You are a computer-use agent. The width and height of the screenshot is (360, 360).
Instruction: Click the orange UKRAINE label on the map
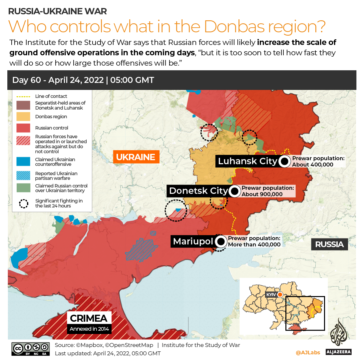point(136,157)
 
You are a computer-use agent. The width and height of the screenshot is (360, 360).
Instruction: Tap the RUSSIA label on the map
point(329,244)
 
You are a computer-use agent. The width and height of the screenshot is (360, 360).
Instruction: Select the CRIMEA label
point(89,318)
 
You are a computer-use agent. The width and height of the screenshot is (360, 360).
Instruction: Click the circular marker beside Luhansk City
point(284,162)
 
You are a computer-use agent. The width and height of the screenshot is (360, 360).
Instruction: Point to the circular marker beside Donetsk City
point(234,191)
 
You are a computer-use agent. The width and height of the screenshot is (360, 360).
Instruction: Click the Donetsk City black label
point(198,191)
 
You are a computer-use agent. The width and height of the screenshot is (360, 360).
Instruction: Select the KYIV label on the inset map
point(271,295)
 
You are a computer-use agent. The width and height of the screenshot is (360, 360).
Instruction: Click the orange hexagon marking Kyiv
point(280,295)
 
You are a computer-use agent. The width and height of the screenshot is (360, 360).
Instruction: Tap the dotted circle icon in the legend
point(23,203)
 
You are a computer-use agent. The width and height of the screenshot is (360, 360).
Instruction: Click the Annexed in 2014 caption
point(89,329)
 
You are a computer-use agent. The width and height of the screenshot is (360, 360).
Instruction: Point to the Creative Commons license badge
point(31,348)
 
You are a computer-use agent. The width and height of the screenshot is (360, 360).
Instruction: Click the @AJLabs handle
point(308,352)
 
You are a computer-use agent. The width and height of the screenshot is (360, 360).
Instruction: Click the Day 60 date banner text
point(83,80)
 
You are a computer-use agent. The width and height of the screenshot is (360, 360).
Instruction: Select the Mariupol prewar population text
point(254,241)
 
